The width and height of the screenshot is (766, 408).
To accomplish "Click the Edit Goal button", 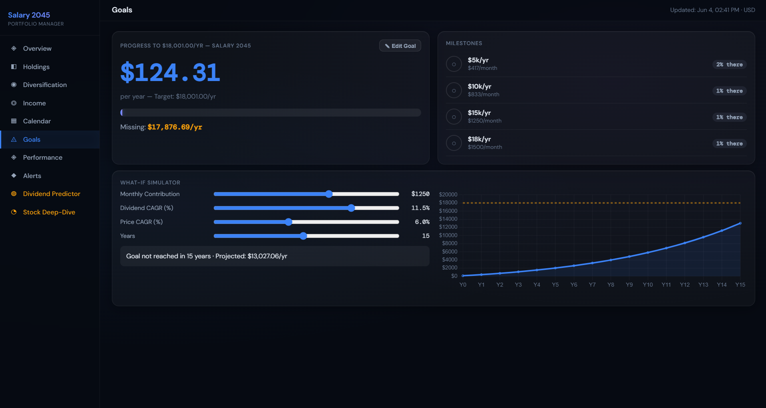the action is tap(400, 46).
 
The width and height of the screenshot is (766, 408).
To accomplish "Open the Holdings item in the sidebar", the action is tap(36, 67).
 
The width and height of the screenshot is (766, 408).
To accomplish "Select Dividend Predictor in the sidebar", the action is tap(52, 194).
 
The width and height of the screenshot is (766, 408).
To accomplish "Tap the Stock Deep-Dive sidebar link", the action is tap(49, 212).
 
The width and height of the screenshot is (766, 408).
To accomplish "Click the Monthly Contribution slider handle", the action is tap(329, 194).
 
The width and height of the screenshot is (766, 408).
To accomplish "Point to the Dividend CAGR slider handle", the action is tap(351, 208).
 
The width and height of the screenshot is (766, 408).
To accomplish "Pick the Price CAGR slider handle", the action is tap(288, 222).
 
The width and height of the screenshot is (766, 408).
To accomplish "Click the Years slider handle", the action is tap(303, 236).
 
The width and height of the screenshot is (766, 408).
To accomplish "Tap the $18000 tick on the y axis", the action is tap(448, 203).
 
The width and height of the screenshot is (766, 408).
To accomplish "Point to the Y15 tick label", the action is tap(740, 285).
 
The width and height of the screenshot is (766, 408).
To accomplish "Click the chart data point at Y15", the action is tap(740, 223).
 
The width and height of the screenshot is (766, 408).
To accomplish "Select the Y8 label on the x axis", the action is tap(611, 285).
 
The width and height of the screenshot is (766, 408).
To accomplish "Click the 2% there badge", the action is tap(729, 64).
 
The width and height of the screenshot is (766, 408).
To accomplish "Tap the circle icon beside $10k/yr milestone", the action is tap(454, 91).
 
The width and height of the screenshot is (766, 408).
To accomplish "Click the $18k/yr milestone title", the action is tap(479, 139).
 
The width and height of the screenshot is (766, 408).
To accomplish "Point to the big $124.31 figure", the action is tap(170, 72).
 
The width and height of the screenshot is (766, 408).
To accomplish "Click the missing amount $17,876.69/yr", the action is tap(175, 127).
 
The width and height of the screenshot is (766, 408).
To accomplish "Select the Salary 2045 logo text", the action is tap(29, 15).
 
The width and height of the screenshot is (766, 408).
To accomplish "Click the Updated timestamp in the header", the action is tap(712, 10).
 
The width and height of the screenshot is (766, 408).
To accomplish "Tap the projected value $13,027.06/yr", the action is tap(267, 256).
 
